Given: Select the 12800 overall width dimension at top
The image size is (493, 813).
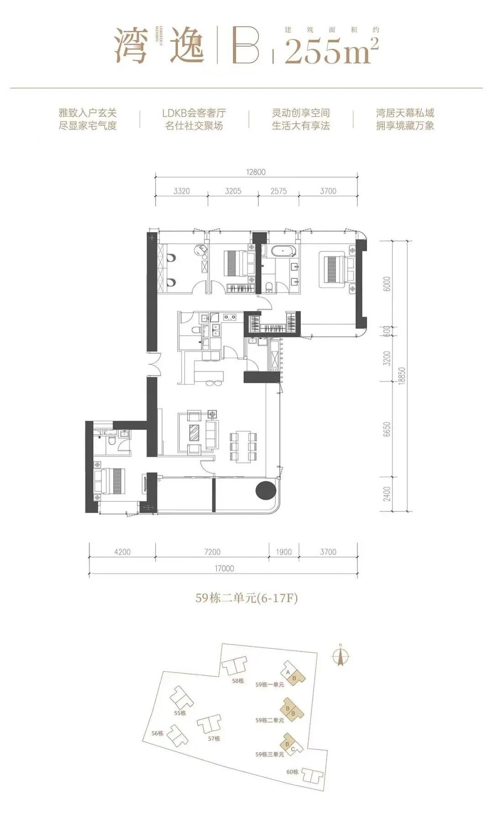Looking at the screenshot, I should click(256, 172).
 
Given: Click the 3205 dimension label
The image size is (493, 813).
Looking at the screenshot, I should click(233, 191).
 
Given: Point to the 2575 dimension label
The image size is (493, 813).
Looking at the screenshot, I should click(278, 191).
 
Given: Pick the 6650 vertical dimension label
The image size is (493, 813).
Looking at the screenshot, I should click(388, 430).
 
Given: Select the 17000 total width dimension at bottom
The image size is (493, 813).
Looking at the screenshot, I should click(224, 568).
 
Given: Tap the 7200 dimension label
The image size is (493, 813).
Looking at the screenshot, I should click(212, 552).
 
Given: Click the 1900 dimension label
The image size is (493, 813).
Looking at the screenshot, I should click(283, 552).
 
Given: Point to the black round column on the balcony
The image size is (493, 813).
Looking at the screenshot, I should click(265, 491).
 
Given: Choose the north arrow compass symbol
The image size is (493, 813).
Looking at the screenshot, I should click(340, 656).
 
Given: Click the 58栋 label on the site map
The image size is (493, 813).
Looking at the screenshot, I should click(238, 681).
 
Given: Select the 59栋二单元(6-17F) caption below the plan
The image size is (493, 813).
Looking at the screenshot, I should click(246, 598).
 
